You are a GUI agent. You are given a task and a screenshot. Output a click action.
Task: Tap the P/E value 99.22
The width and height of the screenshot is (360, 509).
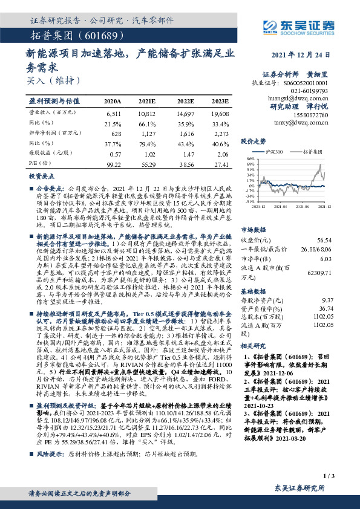pyautogui.click(x=113, y=164)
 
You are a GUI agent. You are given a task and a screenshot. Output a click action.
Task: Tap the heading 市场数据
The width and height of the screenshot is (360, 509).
pyautogui.click(x=254, y=229)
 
